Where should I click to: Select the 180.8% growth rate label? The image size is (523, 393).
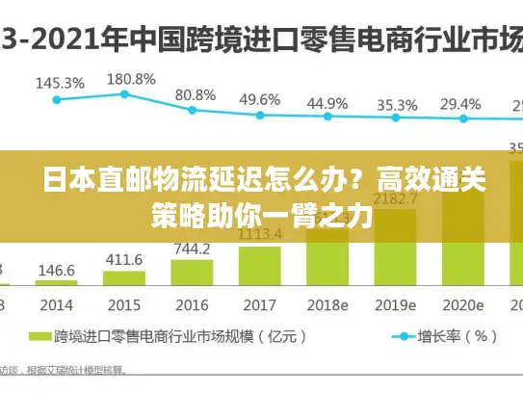coord(131,78)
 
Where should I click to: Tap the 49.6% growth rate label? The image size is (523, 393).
coord(260,99)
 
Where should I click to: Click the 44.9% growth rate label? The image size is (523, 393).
coord(327,102)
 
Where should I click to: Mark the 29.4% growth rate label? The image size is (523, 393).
coord(460,104)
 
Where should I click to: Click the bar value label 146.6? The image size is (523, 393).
coord(56,271)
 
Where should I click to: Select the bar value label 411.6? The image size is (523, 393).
coord(123,260)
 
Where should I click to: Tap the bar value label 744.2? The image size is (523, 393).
coord(192,249)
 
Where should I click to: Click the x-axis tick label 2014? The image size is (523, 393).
coord(56,304)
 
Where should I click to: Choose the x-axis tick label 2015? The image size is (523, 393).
coord(123,304)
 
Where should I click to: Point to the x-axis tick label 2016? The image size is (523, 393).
coord(192,304)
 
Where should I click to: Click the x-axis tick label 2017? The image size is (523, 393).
coord(259,304)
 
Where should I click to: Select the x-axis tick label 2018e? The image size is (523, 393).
coord(327,304)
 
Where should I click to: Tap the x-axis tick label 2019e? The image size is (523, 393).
coord(396,304)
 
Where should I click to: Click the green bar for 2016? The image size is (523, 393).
coord(192,274)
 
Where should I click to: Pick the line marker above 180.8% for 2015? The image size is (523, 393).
coord(124,93)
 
